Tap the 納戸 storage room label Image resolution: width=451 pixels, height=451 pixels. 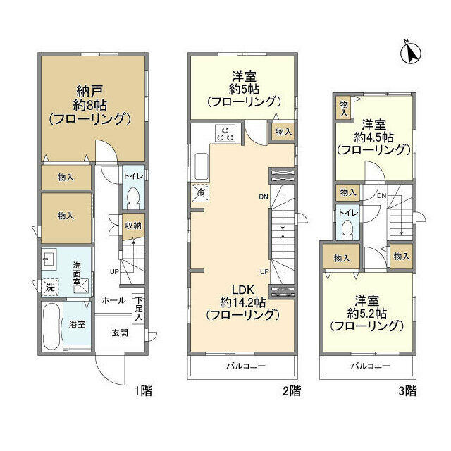coord(89,91)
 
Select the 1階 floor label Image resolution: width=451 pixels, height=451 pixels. coord(144,391)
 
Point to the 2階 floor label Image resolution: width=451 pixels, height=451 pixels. coord(292,391)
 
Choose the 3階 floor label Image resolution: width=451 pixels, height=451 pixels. coord(407,391)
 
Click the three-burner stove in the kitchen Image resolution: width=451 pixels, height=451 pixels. coord(225,133)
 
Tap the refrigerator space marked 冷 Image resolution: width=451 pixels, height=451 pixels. coord(200,192)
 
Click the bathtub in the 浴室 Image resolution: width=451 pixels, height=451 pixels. coord(51,326)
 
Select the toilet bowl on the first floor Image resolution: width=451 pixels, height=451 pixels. coord(133,199)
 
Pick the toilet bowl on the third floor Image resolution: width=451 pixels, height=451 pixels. coord(348,230)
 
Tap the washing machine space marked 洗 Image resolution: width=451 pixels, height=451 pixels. coord(50,287)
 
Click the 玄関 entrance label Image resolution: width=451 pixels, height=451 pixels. coord(120,333)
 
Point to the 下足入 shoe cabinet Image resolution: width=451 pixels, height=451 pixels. coord(139,309)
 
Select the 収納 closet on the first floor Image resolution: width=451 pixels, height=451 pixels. coord(133,226)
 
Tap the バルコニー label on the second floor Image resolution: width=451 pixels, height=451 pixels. coord(246,366)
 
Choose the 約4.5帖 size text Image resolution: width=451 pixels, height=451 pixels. coord(373,137)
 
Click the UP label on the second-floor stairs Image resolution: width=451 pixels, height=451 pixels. coord(264,271)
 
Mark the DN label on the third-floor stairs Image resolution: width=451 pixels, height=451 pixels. coord(381,196)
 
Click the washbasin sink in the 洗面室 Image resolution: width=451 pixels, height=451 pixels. coord(49,259)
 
